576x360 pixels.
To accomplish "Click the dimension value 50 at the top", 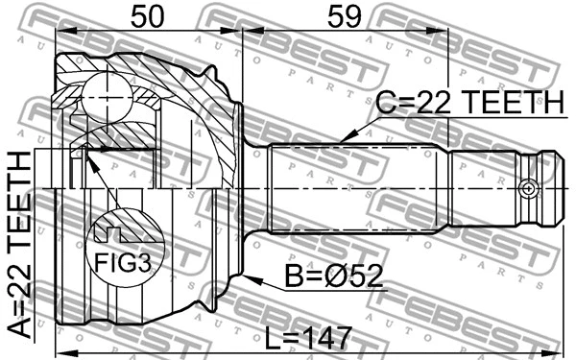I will point(148,15).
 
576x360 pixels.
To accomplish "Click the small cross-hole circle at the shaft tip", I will point(526,189).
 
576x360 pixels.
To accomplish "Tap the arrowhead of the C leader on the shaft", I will point(341,143).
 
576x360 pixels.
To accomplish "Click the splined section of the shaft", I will point(355,189).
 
